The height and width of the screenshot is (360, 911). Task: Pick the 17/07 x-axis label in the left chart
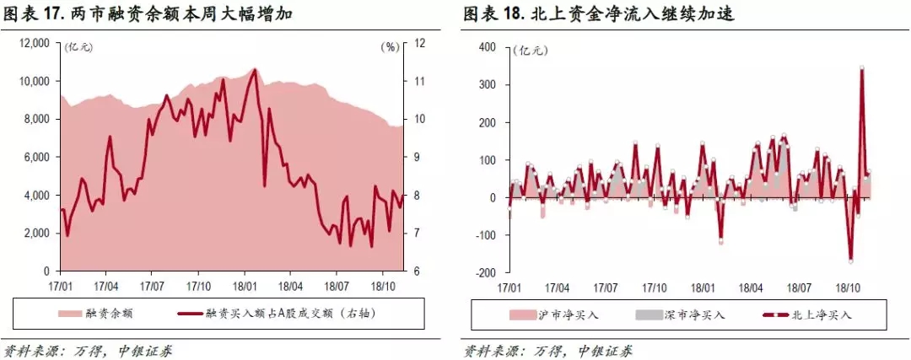tap(152, 286)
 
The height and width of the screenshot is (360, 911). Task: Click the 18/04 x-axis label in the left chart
tap(291, 286)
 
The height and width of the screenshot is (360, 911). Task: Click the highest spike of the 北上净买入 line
tap(862, 68)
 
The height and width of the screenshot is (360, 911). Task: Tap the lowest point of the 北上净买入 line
tap(850, 261)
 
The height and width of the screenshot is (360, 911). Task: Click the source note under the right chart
tap(548, 349)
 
